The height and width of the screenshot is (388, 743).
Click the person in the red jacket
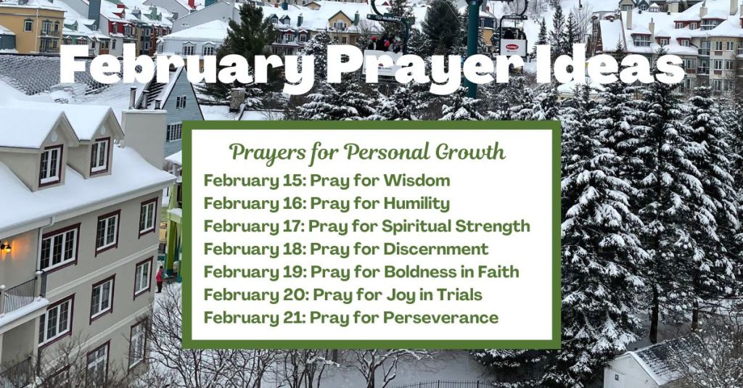tap(160, 279)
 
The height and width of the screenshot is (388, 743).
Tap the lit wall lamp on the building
tap(5, 247)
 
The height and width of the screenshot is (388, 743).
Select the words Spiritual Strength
tap(456, 226)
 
